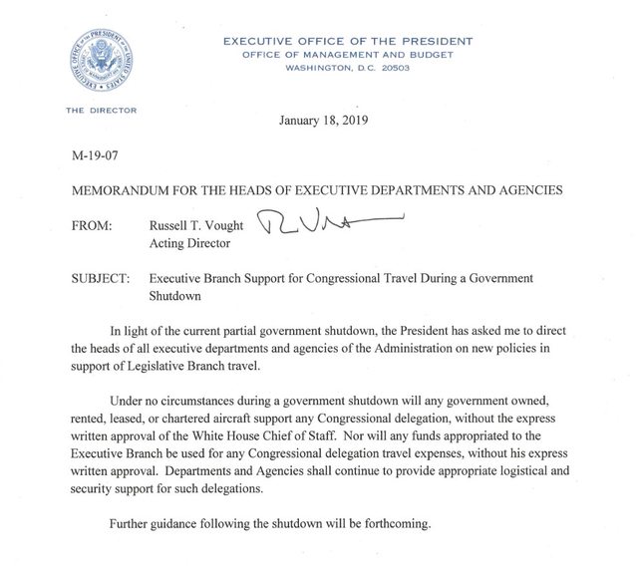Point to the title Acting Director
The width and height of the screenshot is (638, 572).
point(188,243)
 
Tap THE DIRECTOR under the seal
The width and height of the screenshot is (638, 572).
point(101,111)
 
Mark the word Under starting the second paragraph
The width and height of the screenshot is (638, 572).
point(130,400)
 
